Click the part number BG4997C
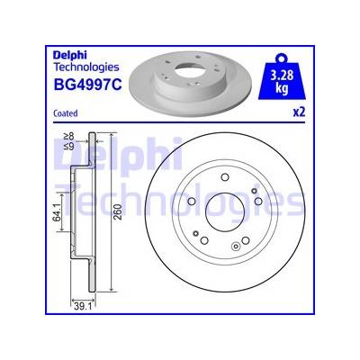(87, 85)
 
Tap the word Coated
(66, 113)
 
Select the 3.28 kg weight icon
(282, 76)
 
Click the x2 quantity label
(299, 112)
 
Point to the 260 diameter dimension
(119, 211)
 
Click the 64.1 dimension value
(56, 211)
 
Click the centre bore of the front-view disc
(225, 212)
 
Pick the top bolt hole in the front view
(225, 177)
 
